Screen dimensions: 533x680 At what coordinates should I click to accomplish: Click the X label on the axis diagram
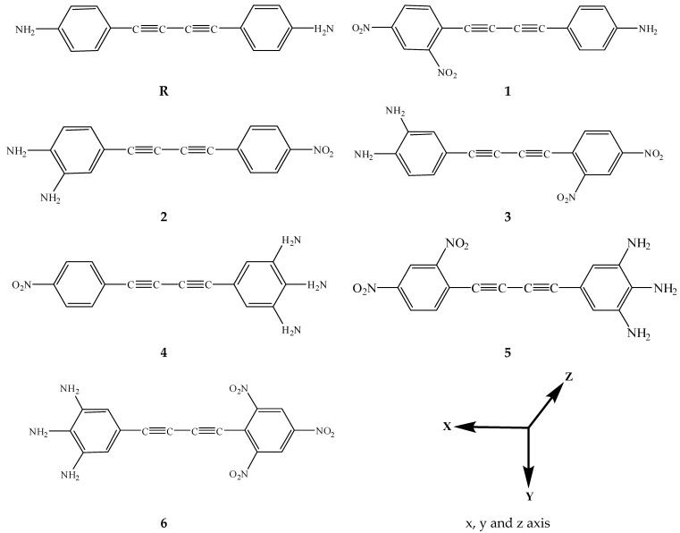click(x=446, y=427)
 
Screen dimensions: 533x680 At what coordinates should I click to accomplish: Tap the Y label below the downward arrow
click(x=531, y=495)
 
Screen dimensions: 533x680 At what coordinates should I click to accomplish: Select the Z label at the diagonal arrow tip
click(x=568, y=376)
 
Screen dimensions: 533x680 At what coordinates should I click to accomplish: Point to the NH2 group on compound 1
click(x=646, y=31)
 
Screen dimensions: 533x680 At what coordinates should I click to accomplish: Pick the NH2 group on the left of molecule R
click(x=26, y=31)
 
